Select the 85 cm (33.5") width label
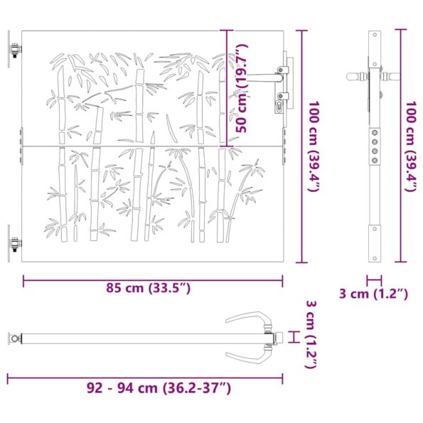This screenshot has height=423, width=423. coord(149,288)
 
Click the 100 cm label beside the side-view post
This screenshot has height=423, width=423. coord(410,147)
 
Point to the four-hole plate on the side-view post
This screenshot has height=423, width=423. coord(374,146)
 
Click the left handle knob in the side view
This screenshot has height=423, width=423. coord(354,75)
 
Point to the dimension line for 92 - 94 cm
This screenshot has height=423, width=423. coord(146,377)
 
